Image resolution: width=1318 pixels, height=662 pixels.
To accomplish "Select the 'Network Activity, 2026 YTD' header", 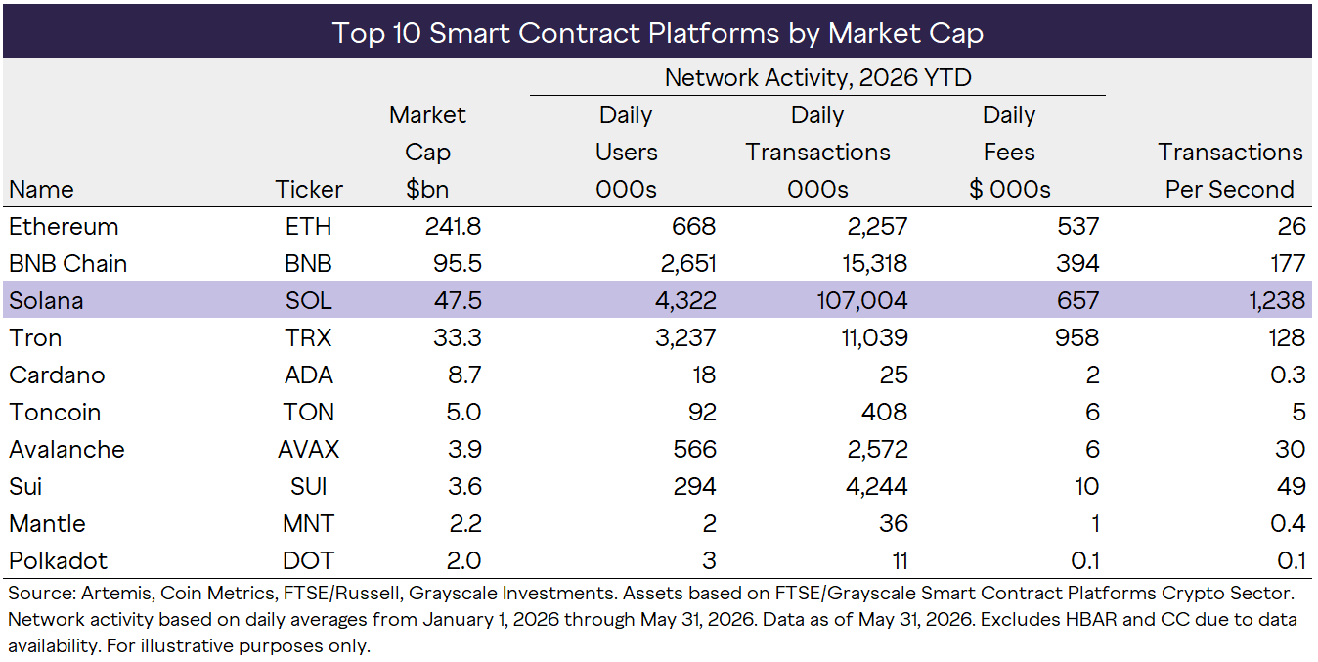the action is (817, 77).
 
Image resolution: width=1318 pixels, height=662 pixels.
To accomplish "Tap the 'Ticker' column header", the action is (309, 190).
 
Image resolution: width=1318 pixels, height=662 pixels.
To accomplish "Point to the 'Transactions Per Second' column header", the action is (1230, 171).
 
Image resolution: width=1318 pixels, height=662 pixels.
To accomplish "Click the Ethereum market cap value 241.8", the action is (453, 227).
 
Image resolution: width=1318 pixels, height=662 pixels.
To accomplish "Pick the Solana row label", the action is (46, 301).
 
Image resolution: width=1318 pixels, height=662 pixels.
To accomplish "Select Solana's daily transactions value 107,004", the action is (862, 301).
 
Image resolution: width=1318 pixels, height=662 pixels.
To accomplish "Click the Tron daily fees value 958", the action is (1077, 337).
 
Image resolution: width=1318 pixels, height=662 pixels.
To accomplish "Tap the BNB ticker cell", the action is (308, 264).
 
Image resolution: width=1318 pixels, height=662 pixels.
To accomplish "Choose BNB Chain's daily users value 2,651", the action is (688, 264).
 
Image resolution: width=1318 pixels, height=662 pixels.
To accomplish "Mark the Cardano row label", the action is (57, 375).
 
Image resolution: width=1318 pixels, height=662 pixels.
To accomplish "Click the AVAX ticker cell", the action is (308, 450).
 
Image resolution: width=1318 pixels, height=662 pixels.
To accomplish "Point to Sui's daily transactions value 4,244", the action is (877, 487).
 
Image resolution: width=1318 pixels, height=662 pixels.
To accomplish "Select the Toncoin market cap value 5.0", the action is (463, 412).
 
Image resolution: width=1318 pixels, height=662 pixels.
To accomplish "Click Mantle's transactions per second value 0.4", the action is (1288, 524).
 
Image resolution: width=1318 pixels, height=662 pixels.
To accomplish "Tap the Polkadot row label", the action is (59, 560).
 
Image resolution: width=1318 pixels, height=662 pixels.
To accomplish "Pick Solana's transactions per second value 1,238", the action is (1277, 301).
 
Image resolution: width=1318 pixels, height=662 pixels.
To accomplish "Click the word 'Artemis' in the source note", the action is (116, 594).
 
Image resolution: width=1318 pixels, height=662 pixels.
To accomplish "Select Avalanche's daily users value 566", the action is (695, 450).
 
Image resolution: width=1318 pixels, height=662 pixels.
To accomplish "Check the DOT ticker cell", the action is (308, 560).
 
